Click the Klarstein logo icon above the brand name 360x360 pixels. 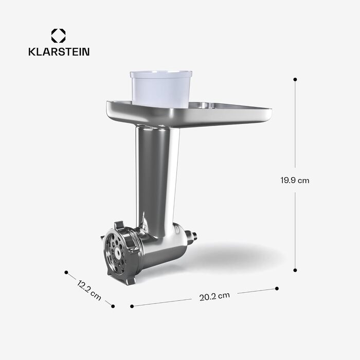58,36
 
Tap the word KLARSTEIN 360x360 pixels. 58,52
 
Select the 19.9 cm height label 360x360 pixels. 295,181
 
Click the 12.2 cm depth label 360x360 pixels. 89,290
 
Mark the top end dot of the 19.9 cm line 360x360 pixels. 295,79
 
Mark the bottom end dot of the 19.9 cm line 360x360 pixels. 295,269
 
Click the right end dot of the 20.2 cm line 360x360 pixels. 277,289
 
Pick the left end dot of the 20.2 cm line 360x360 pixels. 132,306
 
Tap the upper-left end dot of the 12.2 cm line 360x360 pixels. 66,273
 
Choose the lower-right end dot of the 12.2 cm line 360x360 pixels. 113,306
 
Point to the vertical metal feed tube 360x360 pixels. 157,175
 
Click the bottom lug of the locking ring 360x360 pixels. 131,280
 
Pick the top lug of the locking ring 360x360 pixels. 118,225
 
